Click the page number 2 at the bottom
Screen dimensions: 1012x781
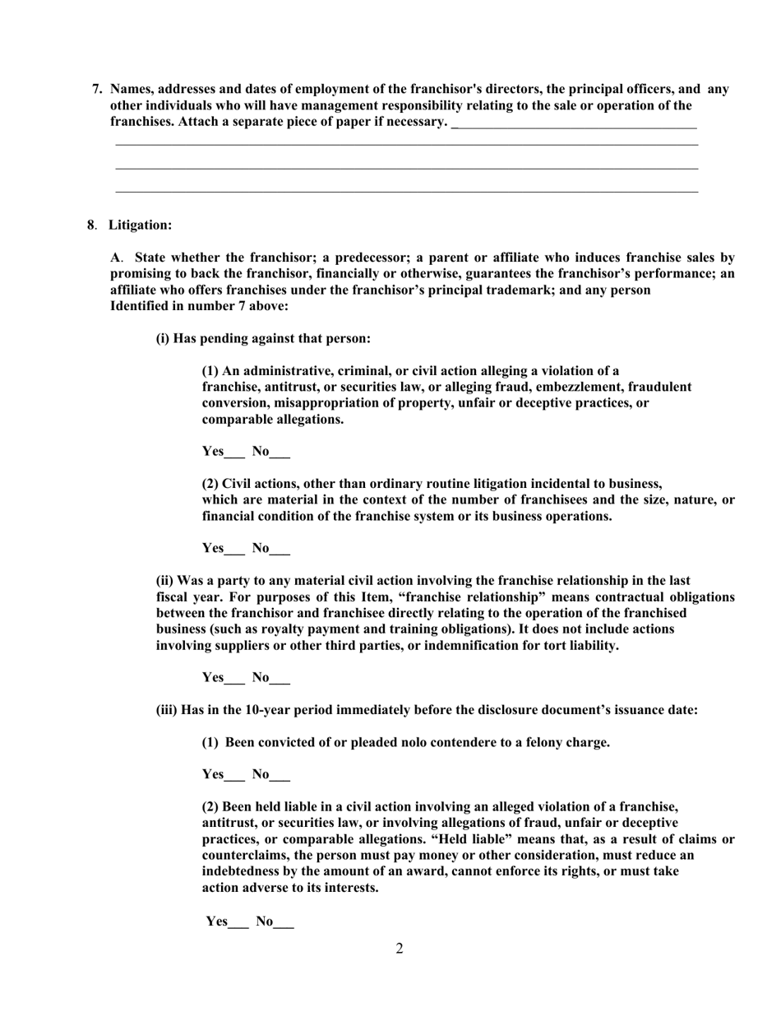[x=400, y=949]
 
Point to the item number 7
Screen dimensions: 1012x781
[x=97, y=89]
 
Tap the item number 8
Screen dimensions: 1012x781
[x=91, y=225]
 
